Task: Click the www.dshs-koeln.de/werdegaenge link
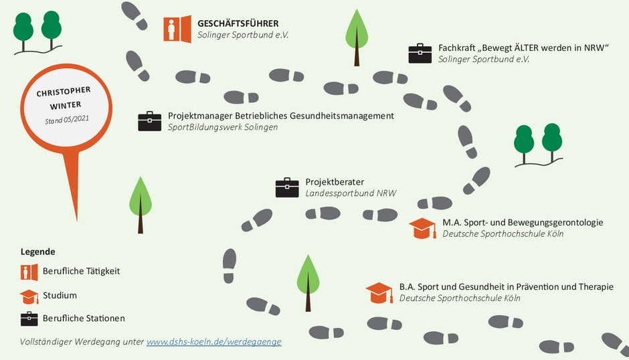[214, 341]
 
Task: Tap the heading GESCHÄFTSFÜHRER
[238, 23]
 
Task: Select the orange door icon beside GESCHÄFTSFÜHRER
[177, 29]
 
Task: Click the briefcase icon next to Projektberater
[287, 187]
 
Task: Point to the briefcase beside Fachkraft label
[420, 54]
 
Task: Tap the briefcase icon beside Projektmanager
[150, 121]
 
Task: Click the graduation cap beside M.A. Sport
[422, 228]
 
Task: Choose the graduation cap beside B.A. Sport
[379, 293]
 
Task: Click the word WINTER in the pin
[66, 106]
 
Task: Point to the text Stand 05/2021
[67, 120]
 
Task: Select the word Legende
[37, 252]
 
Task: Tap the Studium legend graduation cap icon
[29, 296]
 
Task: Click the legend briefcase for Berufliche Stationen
[29, 319]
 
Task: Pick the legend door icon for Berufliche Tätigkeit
[29, 272]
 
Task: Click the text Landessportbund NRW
[351, 193]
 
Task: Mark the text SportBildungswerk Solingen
[223, 127]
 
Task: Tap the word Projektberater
[335, 182]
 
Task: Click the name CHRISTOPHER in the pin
[64, 92]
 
